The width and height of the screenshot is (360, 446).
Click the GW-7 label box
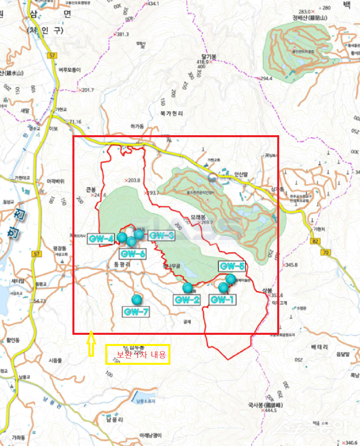tap(136, 312)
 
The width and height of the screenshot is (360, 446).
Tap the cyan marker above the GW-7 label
tap(137, 299)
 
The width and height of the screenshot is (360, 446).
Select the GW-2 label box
tap(186, 300)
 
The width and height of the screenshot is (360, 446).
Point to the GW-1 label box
tap(223, 299)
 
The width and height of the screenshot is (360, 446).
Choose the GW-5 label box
tap(232, 266)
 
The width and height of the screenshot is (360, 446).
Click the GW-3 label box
tap(161, 236)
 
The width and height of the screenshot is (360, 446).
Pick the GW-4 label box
tap(102, 239)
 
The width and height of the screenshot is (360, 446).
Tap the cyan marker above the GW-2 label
tap(187, 287)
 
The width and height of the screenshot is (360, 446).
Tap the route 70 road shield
tap(325, 252)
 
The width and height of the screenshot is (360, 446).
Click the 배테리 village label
tap(320, 347)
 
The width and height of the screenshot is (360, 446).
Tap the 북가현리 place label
tap(172, 114)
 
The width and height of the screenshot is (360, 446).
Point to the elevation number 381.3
tap(123, 34)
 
